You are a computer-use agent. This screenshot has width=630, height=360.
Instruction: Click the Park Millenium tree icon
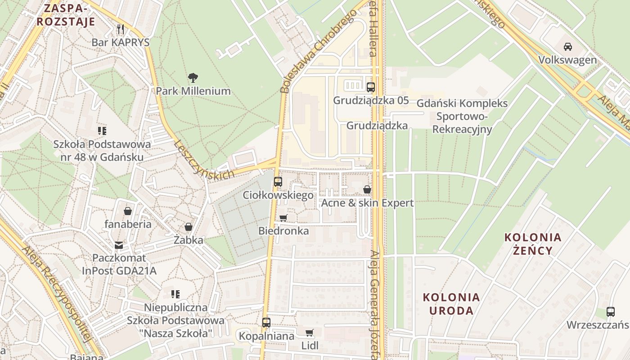click(x=193, y=78)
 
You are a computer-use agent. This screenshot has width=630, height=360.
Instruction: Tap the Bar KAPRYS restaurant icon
click(x=120, y=29)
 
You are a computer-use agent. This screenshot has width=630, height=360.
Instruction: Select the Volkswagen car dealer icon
click(x=568, y=46)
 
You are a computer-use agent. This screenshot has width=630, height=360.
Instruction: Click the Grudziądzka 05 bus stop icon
click(x=371, y=87)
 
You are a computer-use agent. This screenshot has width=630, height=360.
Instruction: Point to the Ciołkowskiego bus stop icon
click(x=278, y=182)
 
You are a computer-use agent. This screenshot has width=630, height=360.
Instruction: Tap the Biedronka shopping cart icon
click(x=283, y=218)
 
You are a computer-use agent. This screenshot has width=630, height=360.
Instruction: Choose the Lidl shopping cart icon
click(x=309, y=333)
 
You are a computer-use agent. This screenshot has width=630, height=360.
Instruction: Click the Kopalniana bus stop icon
click(x=266, y=323)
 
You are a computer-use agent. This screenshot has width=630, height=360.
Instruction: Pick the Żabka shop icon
click(x=189, y=227)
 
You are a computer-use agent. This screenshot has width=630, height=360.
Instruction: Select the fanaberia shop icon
click(x=128, y=211)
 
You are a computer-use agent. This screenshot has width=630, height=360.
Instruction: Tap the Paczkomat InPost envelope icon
click(x=118, y=245)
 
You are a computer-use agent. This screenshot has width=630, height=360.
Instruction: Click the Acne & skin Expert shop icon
click(x=367, y=189)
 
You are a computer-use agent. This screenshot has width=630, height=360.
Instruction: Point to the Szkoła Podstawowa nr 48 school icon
click(x=102, y=131)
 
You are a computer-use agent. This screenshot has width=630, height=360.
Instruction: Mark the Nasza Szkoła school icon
click(x=175, y=294)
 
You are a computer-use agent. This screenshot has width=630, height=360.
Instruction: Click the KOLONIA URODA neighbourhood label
click(x=451, y=304)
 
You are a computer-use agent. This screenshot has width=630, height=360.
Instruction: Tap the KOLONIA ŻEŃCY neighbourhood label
click(x=533, y=244)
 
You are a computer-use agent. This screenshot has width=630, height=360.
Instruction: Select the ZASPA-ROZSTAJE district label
click(x=66, y=15)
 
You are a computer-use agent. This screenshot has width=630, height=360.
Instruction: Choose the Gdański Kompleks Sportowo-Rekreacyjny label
click(x=462, y=116)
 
